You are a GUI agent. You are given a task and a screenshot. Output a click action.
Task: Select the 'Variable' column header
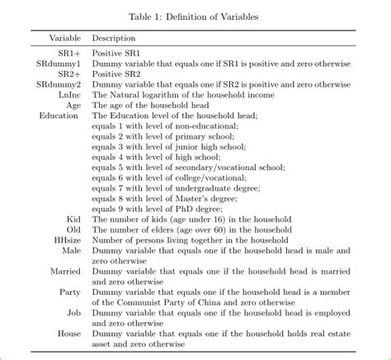[x=65, y=39]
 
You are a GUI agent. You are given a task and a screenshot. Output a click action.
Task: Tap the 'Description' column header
[x=114, y=39]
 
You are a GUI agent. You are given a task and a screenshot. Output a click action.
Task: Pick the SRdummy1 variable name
[x=59, y=64]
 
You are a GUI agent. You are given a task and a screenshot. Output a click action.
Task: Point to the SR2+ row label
[x=69, y=74]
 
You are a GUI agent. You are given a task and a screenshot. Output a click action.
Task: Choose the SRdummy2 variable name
[x=59, y=84]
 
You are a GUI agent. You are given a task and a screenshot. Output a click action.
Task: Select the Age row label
[x=73, y=105]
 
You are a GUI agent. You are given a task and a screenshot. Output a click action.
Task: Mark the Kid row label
[x=73, y=219]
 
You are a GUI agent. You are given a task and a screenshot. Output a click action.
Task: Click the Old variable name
[x=73, y=229]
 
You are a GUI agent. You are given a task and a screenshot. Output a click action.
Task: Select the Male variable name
[x=71, y=249]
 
